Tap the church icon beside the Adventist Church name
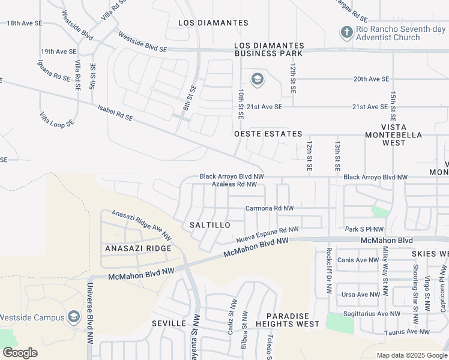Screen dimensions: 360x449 click(x=346, y=32)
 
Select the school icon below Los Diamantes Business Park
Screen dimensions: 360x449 click(x=257, y=79)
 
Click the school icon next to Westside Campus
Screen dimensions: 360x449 click(x=73, y=317)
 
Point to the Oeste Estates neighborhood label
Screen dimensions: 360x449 click(x=268, y=134)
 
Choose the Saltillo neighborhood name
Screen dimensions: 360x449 click(x=210, y=224)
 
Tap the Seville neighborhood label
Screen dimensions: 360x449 click(x=169, y=323)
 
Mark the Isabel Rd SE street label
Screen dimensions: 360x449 click(x=115, y=113)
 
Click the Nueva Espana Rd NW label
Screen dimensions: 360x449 click(x=267, y=234)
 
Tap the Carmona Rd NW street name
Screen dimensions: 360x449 click(x=270, y=208)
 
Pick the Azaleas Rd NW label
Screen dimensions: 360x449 click(x=235, y=184)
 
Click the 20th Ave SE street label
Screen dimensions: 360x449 click(x=371, y=79)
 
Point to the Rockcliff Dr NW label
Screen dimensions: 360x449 click(x=329, y=271)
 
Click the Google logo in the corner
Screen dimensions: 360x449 click(x=20, y=353)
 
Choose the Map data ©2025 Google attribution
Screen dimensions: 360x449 click(x=411, y=355)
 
